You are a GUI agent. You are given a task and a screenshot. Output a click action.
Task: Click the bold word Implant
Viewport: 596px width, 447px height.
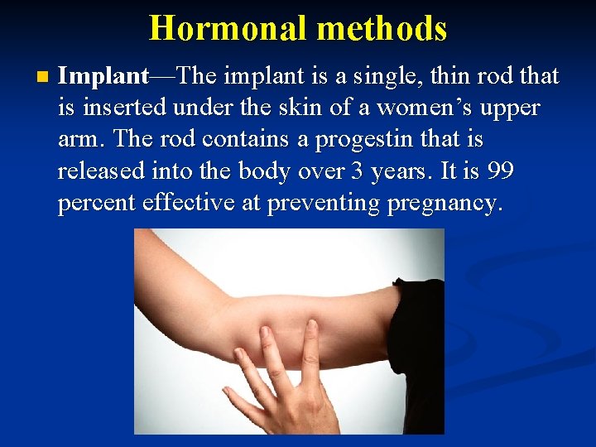(103, 76)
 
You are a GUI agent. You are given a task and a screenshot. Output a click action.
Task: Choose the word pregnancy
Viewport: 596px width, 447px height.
(444, 204)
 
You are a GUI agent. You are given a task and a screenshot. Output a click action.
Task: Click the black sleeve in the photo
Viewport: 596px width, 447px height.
(418, 356)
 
